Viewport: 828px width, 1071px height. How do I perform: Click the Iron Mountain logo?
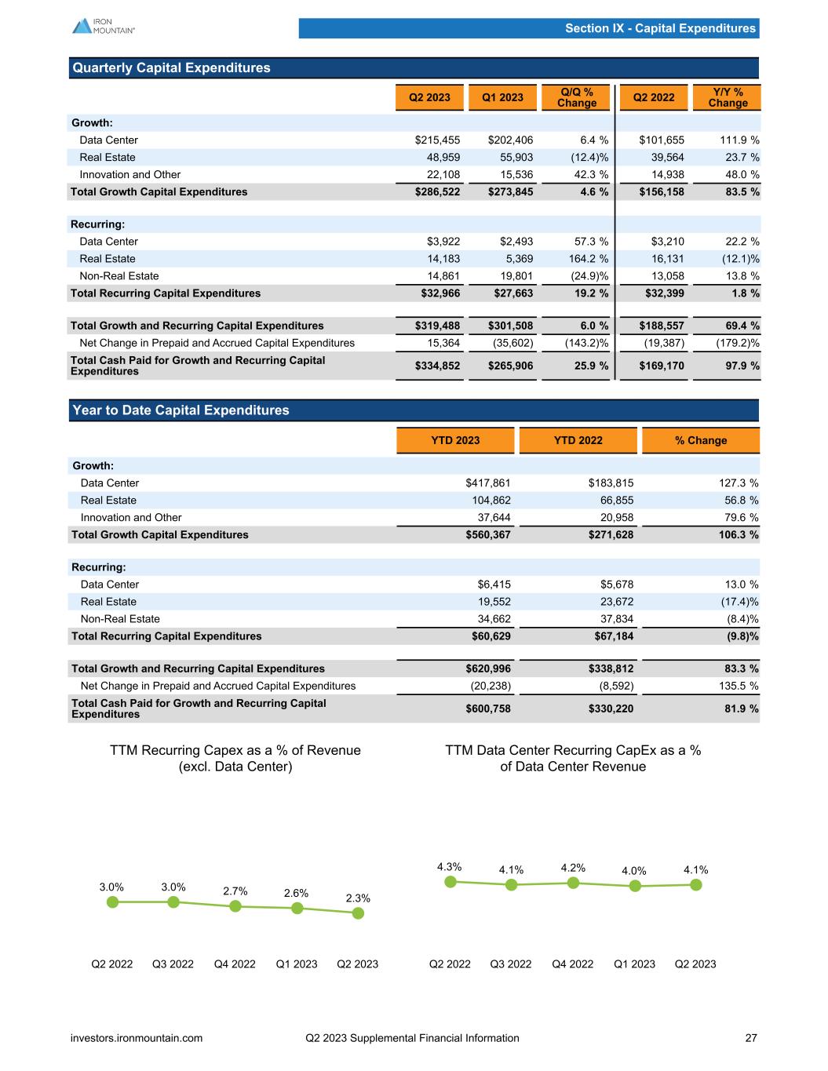[103, 26]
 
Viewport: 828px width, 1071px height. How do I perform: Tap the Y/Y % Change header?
[728, 97]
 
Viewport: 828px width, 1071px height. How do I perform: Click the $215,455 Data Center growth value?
[437, 140]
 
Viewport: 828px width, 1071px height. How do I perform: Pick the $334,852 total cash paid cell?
[437, 366]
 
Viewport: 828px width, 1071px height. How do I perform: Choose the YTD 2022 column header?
[578, 440]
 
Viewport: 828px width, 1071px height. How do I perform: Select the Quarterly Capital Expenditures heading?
[171, 68]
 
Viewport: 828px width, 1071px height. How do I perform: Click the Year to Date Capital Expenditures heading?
[181, 410]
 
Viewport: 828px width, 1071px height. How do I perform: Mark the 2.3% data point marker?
[359, 913]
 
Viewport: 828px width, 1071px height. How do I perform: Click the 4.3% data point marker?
[450, 881]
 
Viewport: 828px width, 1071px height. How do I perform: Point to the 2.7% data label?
[235, 891]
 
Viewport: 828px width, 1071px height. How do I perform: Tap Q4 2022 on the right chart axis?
[573, 964]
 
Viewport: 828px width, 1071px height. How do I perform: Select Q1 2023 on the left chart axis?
[297, 964]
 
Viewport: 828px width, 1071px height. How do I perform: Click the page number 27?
[751, 1038]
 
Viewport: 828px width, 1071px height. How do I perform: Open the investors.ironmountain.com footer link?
[137, 1038]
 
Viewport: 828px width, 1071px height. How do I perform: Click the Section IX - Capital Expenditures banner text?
[660, 28]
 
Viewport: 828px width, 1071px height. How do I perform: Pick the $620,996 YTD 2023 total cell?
[488, 669]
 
